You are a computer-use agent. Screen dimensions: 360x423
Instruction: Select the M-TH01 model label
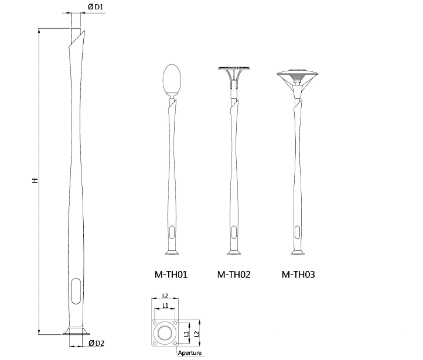coord(171,274)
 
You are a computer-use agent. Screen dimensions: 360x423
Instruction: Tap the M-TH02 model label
coord(234,274)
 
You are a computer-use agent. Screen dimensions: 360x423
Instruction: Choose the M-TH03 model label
coord(298,274)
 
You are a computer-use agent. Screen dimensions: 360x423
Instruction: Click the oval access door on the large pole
coord(77,290)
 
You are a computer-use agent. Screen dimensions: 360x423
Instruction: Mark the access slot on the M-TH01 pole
coord(171,229)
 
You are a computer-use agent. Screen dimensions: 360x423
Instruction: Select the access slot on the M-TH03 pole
coord(298,229)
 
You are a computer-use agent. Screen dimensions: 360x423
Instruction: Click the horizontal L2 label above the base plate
coord(165,296)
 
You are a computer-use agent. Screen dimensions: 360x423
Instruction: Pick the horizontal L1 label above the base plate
coord(165,306)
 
